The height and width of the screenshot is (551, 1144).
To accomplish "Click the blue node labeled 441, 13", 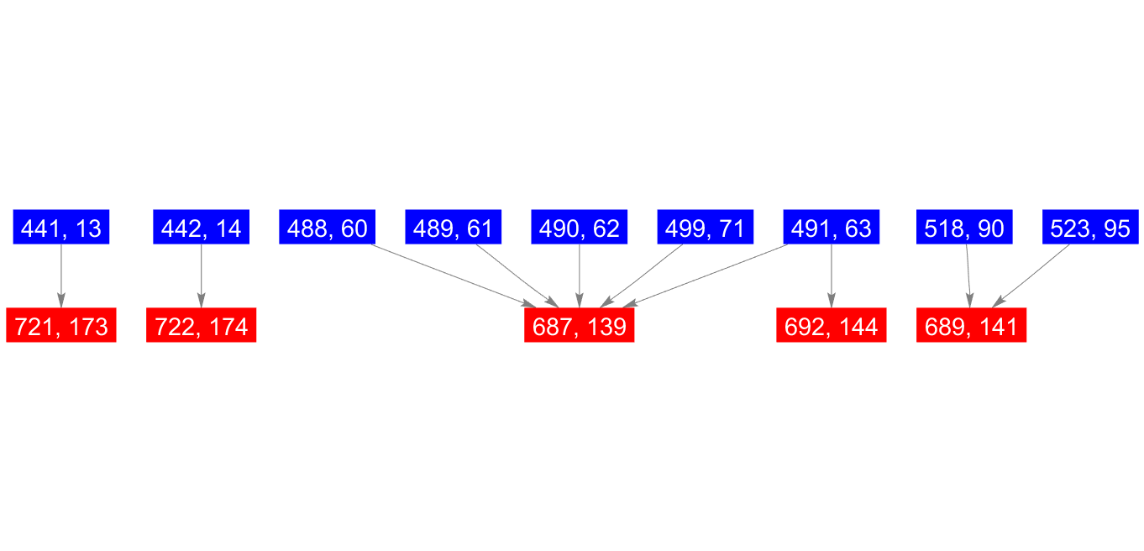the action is [61, 227].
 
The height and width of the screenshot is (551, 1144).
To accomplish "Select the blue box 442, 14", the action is [202, 227].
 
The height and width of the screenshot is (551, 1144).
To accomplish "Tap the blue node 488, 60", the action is [328, 227].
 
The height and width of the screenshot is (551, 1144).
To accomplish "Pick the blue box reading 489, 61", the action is [454, 227].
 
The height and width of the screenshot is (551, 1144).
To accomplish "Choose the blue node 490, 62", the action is [580, 227].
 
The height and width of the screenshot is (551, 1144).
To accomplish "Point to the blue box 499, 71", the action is [706, 227].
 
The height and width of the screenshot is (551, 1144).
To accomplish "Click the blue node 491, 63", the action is [832, 227].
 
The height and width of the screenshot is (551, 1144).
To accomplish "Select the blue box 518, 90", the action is [964, 227].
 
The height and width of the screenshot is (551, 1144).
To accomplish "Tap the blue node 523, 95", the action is [1090, 227].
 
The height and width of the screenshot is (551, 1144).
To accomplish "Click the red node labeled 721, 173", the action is [61, 325].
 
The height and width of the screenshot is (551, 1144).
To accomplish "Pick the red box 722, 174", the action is [202, 325].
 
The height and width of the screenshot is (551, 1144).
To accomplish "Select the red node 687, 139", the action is [580, 325].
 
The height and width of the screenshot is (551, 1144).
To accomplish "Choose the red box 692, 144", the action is [832, 325].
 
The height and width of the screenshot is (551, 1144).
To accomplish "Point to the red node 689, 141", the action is [971, 325].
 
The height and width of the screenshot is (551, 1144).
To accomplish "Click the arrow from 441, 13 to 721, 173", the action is [61, 275].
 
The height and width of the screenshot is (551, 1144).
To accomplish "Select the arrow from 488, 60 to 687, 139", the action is [454, 275].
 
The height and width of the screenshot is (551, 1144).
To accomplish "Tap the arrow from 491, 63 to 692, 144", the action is [832, 275].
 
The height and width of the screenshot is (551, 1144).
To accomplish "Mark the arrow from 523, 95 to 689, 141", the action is [1031, 275].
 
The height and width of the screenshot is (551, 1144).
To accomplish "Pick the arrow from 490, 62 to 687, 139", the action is [580, 275].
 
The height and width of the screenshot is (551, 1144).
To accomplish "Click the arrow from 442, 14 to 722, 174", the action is [202, 275].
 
